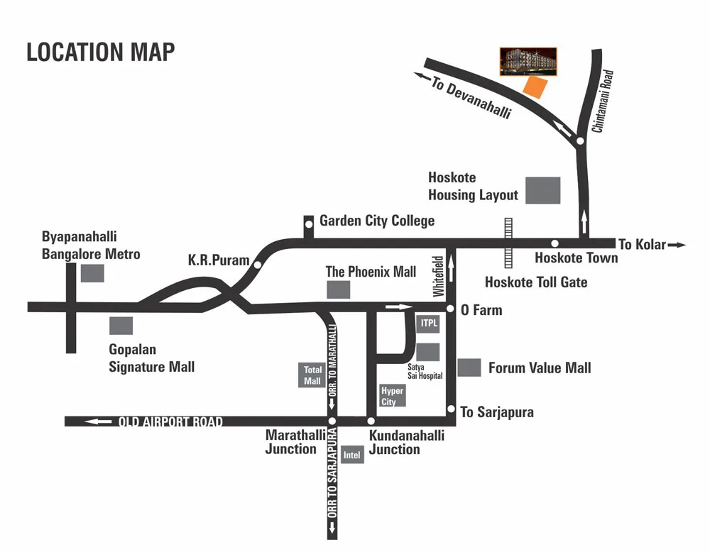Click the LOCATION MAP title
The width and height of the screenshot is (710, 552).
100,52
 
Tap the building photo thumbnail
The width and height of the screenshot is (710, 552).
528,62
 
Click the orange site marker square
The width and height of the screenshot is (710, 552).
535,87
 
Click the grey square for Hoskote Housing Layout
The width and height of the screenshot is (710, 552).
543,191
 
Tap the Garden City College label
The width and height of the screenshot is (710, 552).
377,221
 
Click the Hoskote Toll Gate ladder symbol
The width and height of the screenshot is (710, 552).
508,242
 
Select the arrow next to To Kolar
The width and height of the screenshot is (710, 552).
678,245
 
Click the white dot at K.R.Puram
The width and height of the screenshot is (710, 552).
258,265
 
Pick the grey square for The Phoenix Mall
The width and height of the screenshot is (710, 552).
338,289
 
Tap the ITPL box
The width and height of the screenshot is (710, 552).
428,324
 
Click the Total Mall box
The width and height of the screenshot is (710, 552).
312,375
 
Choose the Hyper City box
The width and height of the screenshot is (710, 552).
392,396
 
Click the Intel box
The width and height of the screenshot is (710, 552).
352,455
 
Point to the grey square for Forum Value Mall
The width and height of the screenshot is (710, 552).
469,368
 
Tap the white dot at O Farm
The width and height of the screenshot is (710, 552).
450,309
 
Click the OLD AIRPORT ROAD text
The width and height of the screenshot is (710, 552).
170,422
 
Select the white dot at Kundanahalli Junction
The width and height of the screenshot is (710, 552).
371,421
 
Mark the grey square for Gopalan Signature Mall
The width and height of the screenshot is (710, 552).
121,326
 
